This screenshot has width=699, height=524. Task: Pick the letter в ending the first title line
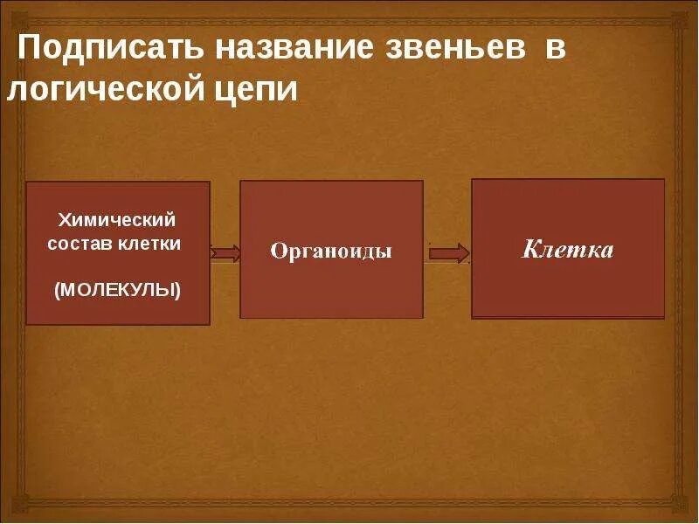pyautogui.click(x=557, y=49)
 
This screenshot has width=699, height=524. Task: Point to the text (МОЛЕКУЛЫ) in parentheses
pyautogui.click(x=117, y=289)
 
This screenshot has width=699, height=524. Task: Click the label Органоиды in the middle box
pyautogui.click(x=331, y=252)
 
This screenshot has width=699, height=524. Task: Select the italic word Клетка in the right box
pyautogui.click(x=568, y=250)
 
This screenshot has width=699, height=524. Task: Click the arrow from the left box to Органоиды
pyautogui.click(x=225, y=253)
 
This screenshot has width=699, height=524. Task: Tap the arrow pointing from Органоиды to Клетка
pyautogui.click(x=449, y=253)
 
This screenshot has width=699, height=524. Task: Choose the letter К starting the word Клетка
pyautogui.click(x=530, y=250)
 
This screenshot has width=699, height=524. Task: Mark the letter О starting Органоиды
pyautogui.click(x=277, y=252)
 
